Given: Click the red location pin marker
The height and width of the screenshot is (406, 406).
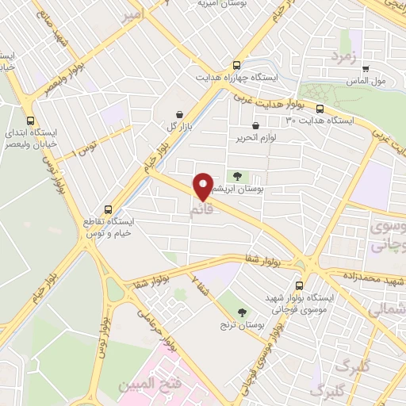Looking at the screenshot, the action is tap(204, 187).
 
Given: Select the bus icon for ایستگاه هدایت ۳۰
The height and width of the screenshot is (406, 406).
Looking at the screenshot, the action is tap(320, 109).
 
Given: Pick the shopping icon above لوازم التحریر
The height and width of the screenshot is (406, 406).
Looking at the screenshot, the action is tap(255, 125).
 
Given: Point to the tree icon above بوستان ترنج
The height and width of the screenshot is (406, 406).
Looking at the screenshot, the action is tap(243, 311).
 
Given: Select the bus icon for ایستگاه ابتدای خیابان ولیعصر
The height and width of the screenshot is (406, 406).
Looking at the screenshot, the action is tap(30, 121).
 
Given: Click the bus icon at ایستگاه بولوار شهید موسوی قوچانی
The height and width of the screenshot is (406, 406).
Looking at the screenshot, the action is tap(299, 285).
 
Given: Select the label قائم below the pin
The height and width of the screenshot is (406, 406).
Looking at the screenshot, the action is tap(202, 210).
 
